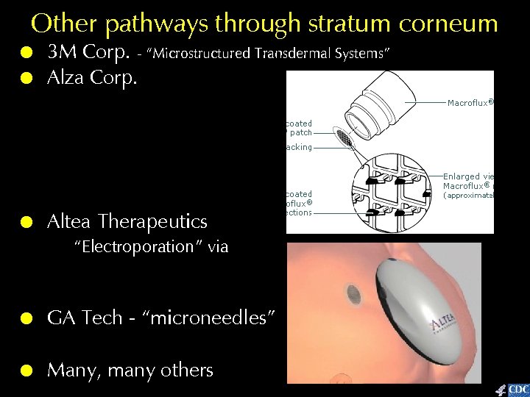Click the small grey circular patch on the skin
(x=354, y=295)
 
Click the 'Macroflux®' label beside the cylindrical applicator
(x=469, y=103)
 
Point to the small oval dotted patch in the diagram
(x=344, y=137)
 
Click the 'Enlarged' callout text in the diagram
(x=460, y=176)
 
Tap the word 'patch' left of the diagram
(x=300, y=133)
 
